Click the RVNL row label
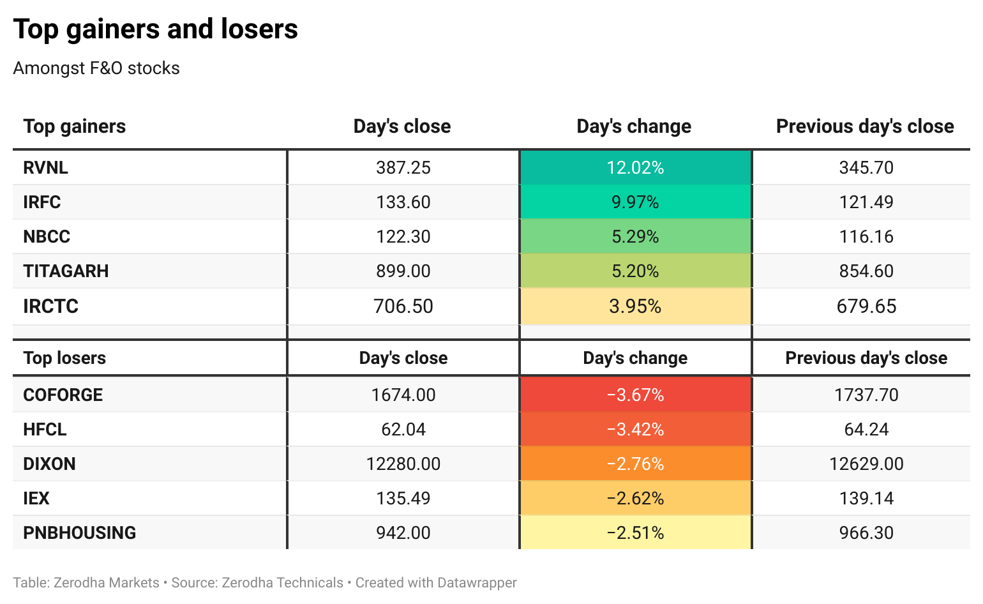pos(45,167)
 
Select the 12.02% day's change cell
pos(635,167)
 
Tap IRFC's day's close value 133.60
pos(403,202)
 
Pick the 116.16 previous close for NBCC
pos(866,236)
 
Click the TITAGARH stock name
pos(66,271)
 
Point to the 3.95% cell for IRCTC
pos(635,306)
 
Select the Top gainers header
pos(74,126)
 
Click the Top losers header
pos(64,358)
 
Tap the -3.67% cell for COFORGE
pos(635,395)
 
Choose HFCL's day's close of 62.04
pos(403,429)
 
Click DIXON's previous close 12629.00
pos(866,464)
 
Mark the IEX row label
pos(36,498)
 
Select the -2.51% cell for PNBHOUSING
pos(635,532)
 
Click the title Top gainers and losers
pos(156,29)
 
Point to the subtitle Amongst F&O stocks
pos(96,68)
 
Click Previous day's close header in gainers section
pos(865,126)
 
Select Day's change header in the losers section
pos(635,358)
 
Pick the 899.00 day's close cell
pos(403,271)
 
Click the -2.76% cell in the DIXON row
pos(635,464)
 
